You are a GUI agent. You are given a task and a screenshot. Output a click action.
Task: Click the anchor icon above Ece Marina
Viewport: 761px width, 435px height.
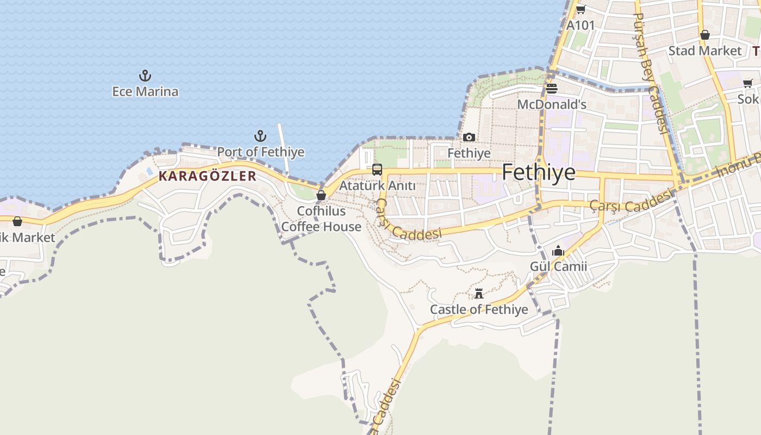tap(145, 76)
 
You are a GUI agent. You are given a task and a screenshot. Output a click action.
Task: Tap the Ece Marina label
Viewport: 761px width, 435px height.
tap(145, 91)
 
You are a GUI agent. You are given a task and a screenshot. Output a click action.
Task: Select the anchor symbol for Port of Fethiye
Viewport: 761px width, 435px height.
tap(260, 135)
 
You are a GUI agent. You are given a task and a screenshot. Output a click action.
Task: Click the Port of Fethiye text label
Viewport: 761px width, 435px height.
tap(261, 152)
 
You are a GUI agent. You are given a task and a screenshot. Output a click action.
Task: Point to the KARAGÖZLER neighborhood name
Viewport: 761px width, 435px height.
tap(207, 176)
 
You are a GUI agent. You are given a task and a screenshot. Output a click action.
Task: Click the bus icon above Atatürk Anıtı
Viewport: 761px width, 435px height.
tap(377, 170)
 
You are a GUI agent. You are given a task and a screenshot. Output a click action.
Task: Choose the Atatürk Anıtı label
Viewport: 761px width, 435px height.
tap(377, 186)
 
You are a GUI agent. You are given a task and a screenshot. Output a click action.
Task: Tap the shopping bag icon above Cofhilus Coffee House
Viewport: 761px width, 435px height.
tap(321, 195)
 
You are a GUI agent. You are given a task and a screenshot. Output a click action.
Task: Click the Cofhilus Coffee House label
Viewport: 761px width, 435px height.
tap(321, 219)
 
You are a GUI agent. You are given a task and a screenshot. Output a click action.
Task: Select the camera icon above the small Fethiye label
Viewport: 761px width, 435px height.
tap(469, 138)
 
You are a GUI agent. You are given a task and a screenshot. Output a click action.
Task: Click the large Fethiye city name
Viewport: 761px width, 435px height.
tap(538, 172)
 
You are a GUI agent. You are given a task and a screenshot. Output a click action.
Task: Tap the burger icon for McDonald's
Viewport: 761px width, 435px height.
tap(552, 89)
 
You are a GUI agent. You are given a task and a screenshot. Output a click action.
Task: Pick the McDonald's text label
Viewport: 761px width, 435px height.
tap(552, 104)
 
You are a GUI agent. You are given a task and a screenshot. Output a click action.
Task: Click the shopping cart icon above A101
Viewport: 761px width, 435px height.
tap(581, 9)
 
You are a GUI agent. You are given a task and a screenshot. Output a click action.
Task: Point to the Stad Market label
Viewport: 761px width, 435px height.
tap(704, 51)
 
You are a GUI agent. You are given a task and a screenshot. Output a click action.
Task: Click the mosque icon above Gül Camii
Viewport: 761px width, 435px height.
tap(558, 251)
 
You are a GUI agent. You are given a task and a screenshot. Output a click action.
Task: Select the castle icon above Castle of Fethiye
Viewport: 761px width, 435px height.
tap(479, 294)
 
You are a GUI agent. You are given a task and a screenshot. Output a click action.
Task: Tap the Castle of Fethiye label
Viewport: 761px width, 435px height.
tap(479, 309)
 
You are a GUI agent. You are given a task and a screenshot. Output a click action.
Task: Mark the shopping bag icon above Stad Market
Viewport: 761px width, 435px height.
tap(705, 35)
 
